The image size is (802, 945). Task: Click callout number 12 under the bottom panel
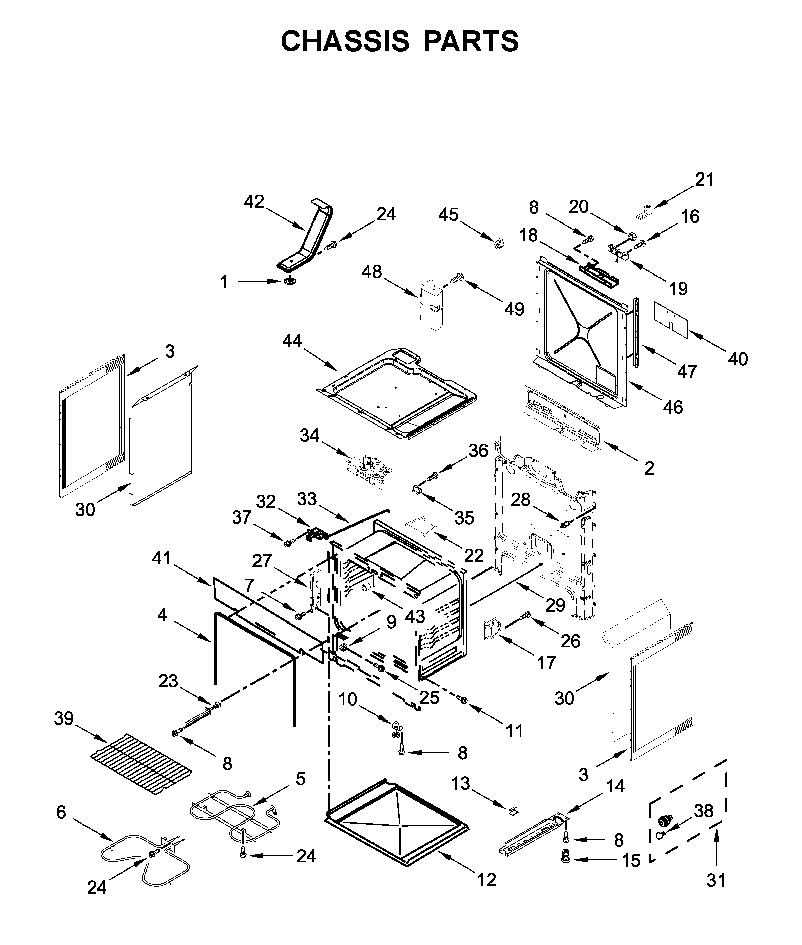point(486,880)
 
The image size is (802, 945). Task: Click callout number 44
point(292,340)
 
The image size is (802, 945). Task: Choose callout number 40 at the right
point(737,359)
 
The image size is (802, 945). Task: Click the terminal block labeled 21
point(645,211)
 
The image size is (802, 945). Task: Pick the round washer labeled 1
point(289,282)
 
